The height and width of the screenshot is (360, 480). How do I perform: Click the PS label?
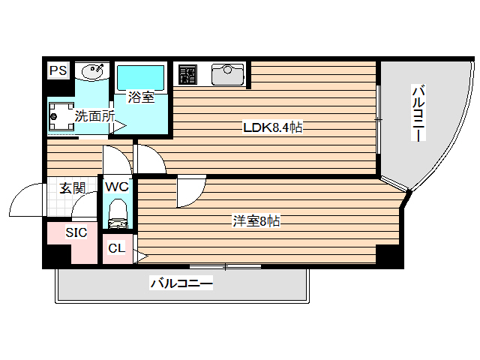(x=57, y=71)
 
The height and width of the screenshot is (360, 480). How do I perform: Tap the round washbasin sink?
(x=93, y=71)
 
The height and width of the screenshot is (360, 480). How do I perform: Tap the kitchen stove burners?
(x=187, y=74)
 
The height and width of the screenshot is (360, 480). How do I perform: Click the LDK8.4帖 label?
(x=272, y=127)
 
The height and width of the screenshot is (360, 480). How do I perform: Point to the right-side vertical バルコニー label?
(x=418, y=115)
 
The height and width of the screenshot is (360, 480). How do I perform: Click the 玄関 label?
(x=72, y=188)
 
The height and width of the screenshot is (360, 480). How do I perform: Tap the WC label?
(x=118, y=187)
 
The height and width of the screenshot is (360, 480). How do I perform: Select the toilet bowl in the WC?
(x=118, y=211)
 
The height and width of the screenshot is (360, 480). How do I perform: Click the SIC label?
(x=76, y=233)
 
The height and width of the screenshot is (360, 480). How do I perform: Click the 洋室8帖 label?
(x=256, y=221)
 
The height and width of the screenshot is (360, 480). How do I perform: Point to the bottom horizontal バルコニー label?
(x=182, y=284)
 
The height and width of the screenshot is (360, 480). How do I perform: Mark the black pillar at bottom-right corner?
(x=389, y=256)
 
